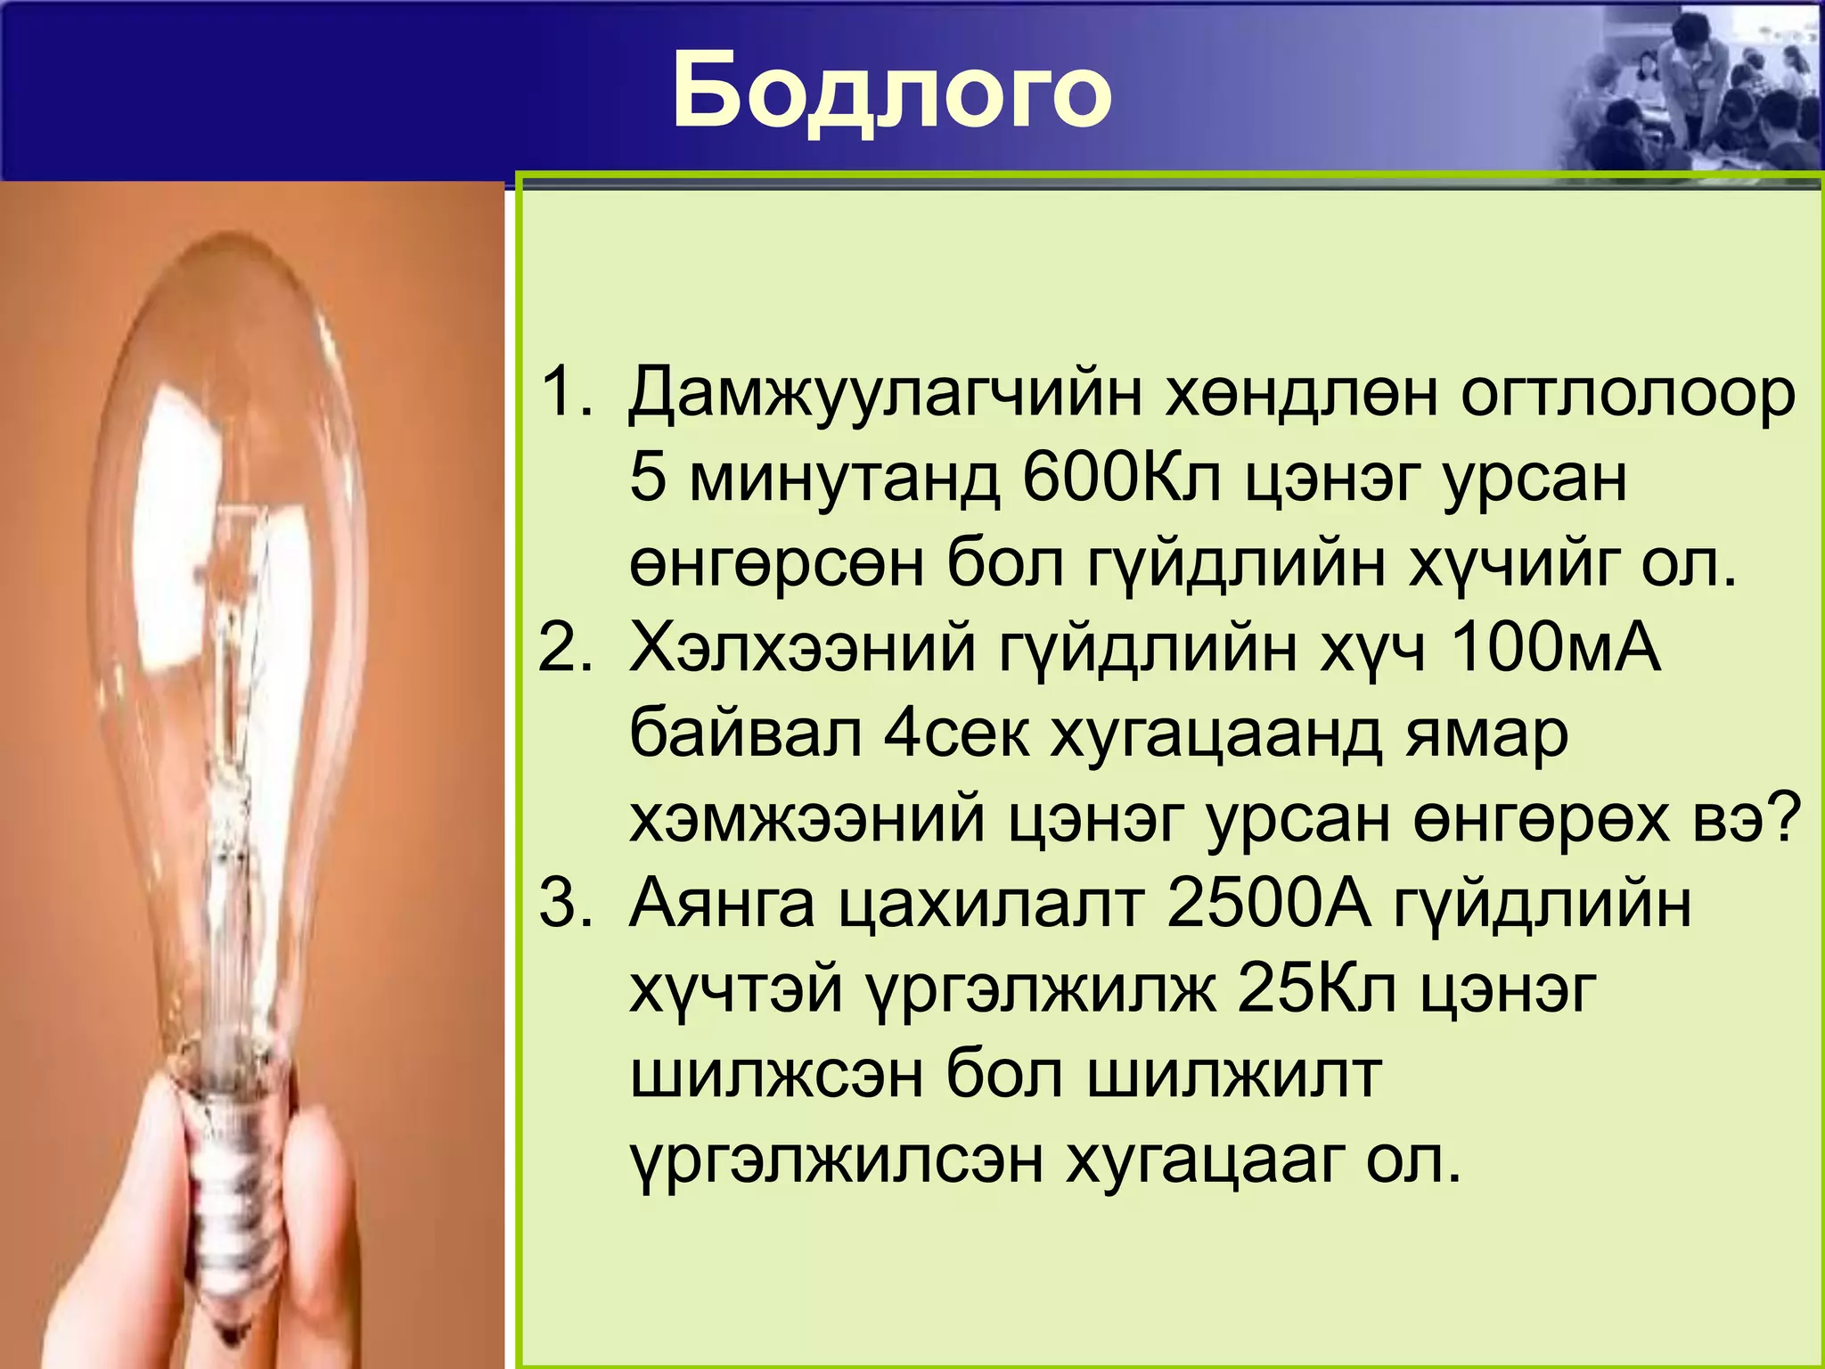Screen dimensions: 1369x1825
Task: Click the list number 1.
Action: point(565,392)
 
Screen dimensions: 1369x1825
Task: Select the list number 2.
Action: point(565,647)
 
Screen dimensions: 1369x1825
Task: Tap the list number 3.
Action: point(565,904)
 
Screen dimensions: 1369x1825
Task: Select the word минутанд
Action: point(843,480)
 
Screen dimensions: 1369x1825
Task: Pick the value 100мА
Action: point(1555,647)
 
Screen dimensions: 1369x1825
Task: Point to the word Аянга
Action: point(722,906)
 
